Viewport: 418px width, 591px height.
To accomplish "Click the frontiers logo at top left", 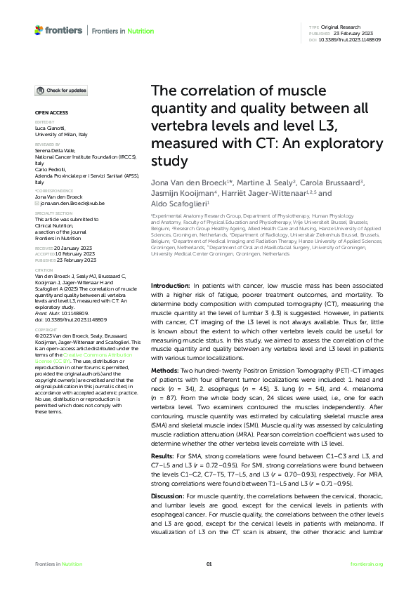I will [x=58, y=30].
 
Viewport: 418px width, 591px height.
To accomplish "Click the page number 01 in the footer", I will [x=209, y=564].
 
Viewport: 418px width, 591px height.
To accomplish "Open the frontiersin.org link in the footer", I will [x=366, y=564].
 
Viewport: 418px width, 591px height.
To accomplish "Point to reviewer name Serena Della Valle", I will [x=56, y=150].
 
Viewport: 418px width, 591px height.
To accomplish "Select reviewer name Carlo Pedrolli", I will [x=51, y=170].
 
